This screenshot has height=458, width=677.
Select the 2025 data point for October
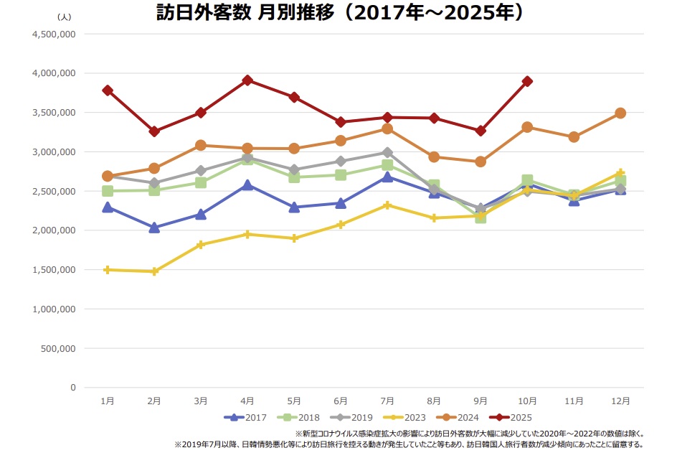527,81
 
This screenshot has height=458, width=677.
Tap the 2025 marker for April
247,80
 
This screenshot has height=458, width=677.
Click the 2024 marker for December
620,113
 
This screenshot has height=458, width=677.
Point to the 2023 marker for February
154,271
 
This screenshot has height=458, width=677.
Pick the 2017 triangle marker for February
154,227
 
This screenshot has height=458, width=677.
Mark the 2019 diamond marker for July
387,152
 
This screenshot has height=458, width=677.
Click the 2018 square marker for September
480,217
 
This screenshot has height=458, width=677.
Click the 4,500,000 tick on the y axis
55,34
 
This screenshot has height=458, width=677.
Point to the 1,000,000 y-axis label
55,309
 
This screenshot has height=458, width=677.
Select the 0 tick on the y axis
72,388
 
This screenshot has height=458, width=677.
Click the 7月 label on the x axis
387,400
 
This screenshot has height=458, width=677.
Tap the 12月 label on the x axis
620,400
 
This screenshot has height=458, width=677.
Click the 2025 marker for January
108,90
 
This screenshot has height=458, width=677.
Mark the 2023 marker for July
387,205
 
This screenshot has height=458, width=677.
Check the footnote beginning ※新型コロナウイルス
470,434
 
